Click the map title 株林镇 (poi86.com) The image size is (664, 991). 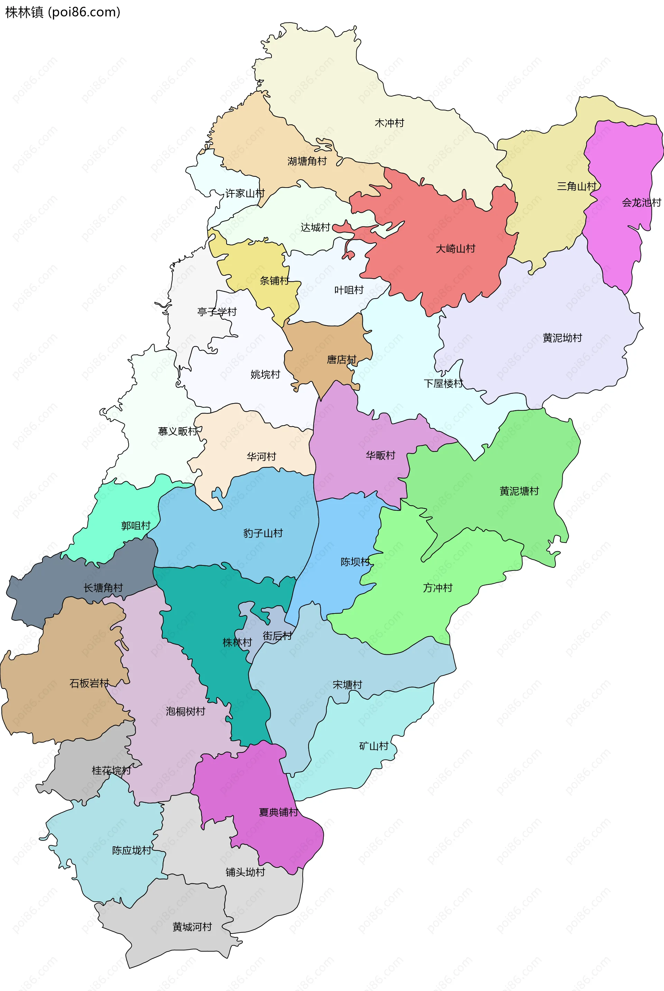click(x=63, y=12)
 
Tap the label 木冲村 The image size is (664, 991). click(x=389, y=123)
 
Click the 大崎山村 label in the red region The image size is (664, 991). click(x=455, y=248)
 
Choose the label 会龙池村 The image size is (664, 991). click(x=641, y=202)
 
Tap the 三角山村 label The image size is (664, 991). click(x=577, y=186)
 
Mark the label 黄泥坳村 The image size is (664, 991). click(x=562, y=338)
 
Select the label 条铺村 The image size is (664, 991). click(x=274, y=281)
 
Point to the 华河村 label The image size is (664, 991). click(x=261, y=456)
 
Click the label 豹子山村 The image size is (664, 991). click(x=262, y=533)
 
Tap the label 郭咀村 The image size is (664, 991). click(x=136, y=525)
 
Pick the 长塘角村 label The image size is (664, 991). click(x=103, y=588)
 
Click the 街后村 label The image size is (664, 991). click(x=277, y=636)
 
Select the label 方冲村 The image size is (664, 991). click(x=437, y=588)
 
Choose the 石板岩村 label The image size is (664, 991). click(x=89, y=683)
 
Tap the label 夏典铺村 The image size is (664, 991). click(x=278, y=812)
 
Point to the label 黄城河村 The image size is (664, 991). click(x=192, y=927)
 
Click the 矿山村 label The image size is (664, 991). click(x=373, y=746)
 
